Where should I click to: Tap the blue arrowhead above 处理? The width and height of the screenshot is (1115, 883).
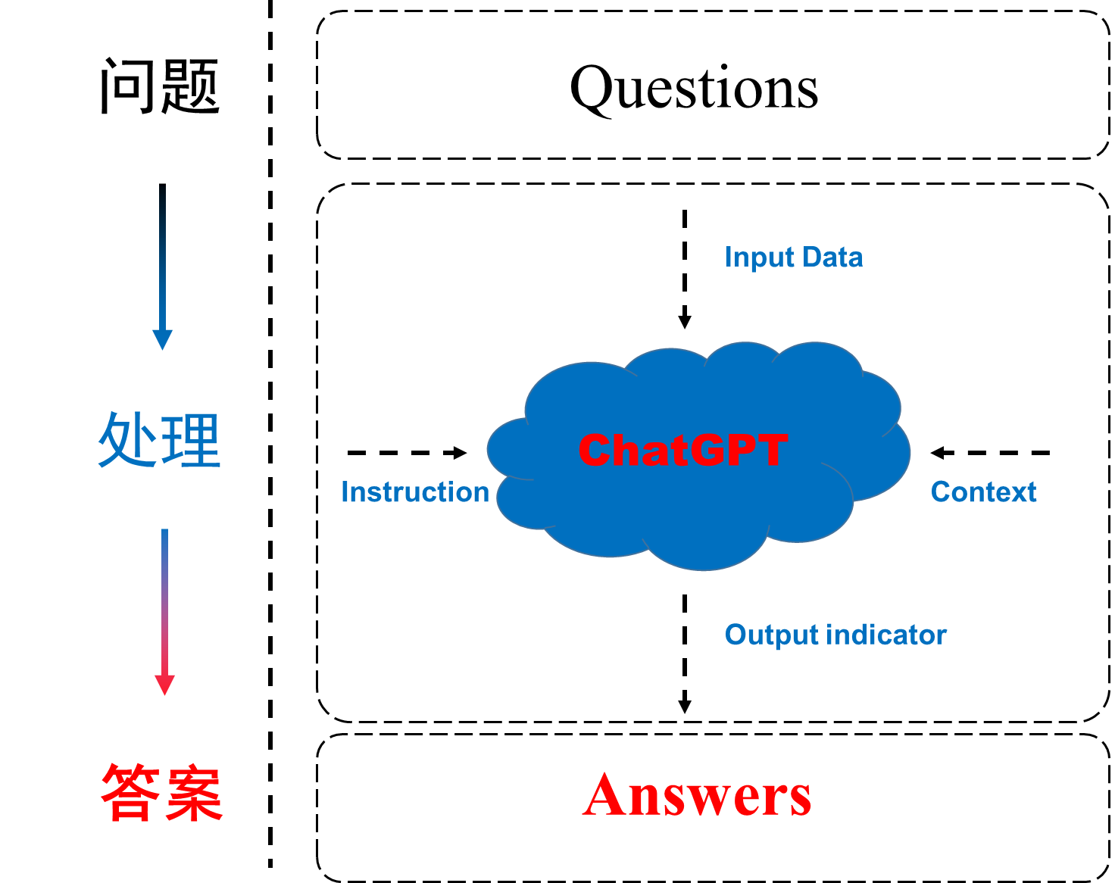[162, 339]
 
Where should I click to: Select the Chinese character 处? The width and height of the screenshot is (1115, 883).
[126, 439]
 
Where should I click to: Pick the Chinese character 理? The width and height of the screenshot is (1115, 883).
[191, 439]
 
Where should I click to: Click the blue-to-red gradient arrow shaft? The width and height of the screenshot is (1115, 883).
[164, 598]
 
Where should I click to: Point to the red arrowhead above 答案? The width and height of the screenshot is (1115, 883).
[164, 684]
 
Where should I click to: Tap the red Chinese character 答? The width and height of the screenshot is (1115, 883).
[130, 792]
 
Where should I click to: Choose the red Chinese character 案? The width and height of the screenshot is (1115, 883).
[194, 792]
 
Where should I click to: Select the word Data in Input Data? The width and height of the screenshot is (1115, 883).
[832, 257]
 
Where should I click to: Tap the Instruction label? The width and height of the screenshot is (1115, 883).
[415, 492]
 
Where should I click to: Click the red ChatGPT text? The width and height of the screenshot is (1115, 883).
[682, 451]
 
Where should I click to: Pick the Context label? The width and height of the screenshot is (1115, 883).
[983, 492]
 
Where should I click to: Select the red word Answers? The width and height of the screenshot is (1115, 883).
[697, 795]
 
